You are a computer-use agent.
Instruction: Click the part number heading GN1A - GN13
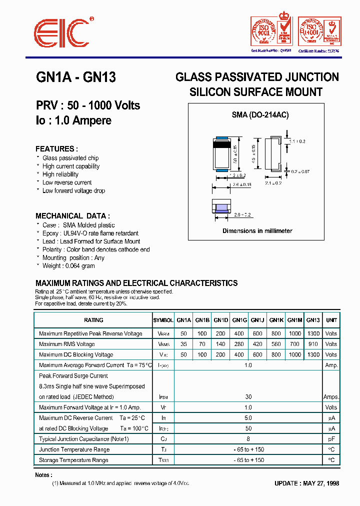(x=76, y=77)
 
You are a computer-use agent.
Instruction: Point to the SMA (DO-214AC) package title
(x=260, y=114)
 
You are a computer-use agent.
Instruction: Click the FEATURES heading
(x=56, y=149)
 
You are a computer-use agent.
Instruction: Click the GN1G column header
(x=239, y=320)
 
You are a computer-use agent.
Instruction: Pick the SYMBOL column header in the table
(x=163, y=320)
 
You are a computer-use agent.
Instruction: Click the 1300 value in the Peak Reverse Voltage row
(x=313, y=333)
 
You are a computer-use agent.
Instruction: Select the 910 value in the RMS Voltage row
(x=313, y=344)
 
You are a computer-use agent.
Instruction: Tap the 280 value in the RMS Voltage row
(x=239, y=344)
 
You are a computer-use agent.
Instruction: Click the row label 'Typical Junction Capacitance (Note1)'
(x=84, y=439)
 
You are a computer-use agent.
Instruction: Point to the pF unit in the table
(x=331, y=439)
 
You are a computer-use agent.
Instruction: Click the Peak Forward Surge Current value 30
(x=248, y=397)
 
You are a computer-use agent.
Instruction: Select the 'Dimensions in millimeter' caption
(x=257, y=231)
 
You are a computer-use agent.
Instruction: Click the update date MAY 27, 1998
(x=306, y=483)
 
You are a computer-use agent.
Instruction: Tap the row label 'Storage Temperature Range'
(x=73, y=460)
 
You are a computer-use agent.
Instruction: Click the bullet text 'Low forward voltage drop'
(x=73, y=190)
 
